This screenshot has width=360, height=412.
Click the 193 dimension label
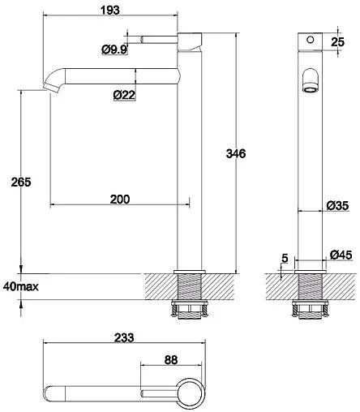(112, 10)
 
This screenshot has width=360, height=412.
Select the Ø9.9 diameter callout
(114, 49)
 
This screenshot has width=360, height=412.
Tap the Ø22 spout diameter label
(124, 95)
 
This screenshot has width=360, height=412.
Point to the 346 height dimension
(235, 153)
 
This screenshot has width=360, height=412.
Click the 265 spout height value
(22, 182)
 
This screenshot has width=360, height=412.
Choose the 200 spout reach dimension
(120, 199)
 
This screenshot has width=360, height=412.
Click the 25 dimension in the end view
(337, 41)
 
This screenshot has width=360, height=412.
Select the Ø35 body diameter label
(337, 206)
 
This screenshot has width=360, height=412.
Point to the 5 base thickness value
(285, 259)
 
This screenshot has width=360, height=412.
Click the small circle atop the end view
(308, 40)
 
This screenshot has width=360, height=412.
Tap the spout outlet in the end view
(308, 82)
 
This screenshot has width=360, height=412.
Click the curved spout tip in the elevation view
(53, 82)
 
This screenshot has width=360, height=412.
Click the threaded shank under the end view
(308, 289)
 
